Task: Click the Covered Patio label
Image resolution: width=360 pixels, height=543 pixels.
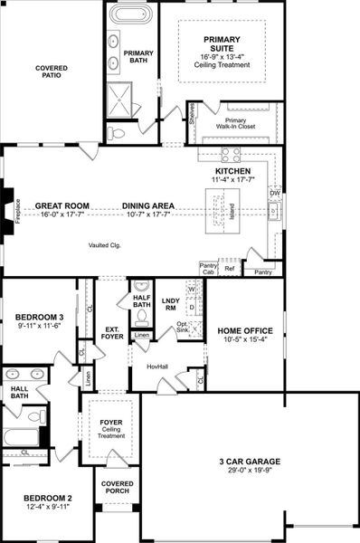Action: click(x=52, y=73)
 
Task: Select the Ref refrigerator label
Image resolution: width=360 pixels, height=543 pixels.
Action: click(x=230, y=269)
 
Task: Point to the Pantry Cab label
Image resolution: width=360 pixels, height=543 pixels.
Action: click(x=208, y=268)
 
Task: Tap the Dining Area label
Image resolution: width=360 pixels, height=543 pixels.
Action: click(x=148, y=205)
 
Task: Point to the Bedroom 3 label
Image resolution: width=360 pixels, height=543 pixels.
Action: click(x=40, y=317)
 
